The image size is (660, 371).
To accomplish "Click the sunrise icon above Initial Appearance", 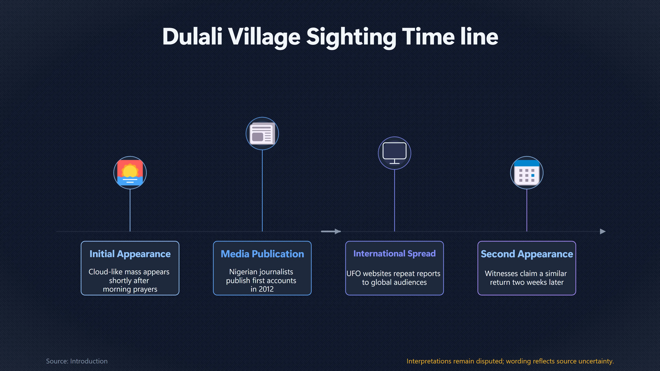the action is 130,173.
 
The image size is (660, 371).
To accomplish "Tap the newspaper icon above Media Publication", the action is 262,133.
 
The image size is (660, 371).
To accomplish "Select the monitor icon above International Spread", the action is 394,153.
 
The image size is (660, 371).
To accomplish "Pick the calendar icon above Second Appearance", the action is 526,173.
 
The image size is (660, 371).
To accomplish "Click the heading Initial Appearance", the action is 130,254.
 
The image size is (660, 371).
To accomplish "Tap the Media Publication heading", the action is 262,254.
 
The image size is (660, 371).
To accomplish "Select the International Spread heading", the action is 394,254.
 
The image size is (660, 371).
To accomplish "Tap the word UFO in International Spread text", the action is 354,273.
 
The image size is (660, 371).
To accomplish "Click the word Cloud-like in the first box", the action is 106,272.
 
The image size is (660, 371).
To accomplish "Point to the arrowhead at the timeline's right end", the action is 603,232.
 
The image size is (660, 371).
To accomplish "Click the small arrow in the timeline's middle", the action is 331,232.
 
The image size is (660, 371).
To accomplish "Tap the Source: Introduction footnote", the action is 77,361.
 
